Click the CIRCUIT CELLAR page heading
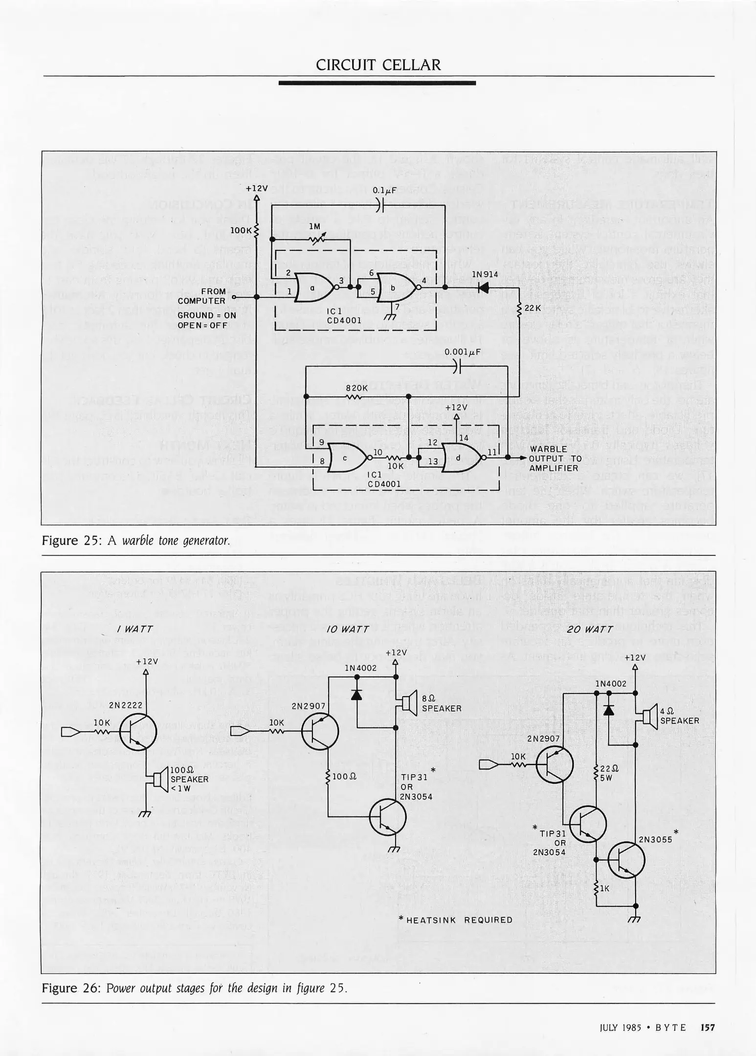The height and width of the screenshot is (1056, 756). (378, 65)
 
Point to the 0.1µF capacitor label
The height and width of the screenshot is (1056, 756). (384, 190)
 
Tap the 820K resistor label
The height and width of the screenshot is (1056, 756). (357, 388)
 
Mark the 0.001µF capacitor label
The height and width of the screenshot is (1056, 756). (463, 352)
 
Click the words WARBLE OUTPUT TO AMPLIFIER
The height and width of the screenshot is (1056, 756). (555, 458)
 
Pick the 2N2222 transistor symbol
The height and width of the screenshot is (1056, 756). (138, 732)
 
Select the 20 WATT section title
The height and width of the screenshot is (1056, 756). (590, 629)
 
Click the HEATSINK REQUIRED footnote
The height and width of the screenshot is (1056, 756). (456, 920)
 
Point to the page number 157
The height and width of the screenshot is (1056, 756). (708, 1028)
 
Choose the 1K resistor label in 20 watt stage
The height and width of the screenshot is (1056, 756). (604, 888)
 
